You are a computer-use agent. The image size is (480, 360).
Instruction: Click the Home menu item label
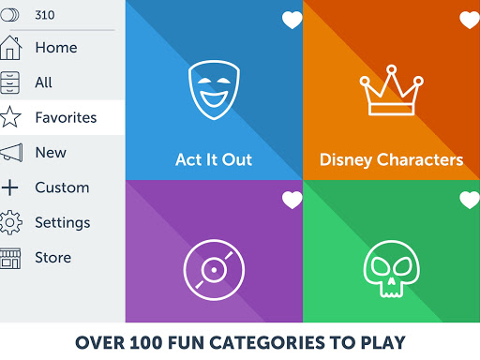point(56,48)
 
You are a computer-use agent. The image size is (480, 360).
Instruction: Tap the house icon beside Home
point(10,48)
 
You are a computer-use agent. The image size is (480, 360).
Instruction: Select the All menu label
point(44,82)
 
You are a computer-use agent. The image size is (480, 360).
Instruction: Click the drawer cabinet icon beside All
point(10,82)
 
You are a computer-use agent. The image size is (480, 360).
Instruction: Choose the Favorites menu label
point(66,118)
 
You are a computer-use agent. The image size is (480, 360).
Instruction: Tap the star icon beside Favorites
point(10,117)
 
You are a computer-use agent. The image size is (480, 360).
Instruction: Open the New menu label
point(51,153)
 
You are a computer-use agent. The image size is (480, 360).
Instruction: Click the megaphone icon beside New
point(10,153)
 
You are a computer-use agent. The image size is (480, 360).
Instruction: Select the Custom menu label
point(62,187)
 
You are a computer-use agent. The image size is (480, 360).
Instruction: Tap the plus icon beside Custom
point(10,187)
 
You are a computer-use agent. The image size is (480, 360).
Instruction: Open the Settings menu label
point(63,223)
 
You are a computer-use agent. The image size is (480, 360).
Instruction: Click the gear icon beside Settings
point(10,223)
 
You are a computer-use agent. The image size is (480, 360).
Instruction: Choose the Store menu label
point(52,258)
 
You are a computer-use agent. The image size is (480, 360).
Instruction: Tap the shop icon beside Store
point(10,258)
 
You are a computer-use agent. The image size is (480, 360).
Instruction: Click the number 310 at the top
point(44,15)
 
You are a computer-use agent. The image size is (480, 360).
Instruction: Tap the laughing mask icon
point(213,87)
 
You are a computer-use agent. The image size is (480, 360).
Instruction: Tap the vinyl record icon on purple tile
point(213,268)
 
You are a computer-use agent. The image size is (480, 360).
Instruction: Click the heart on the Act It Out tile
point(292,21)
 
